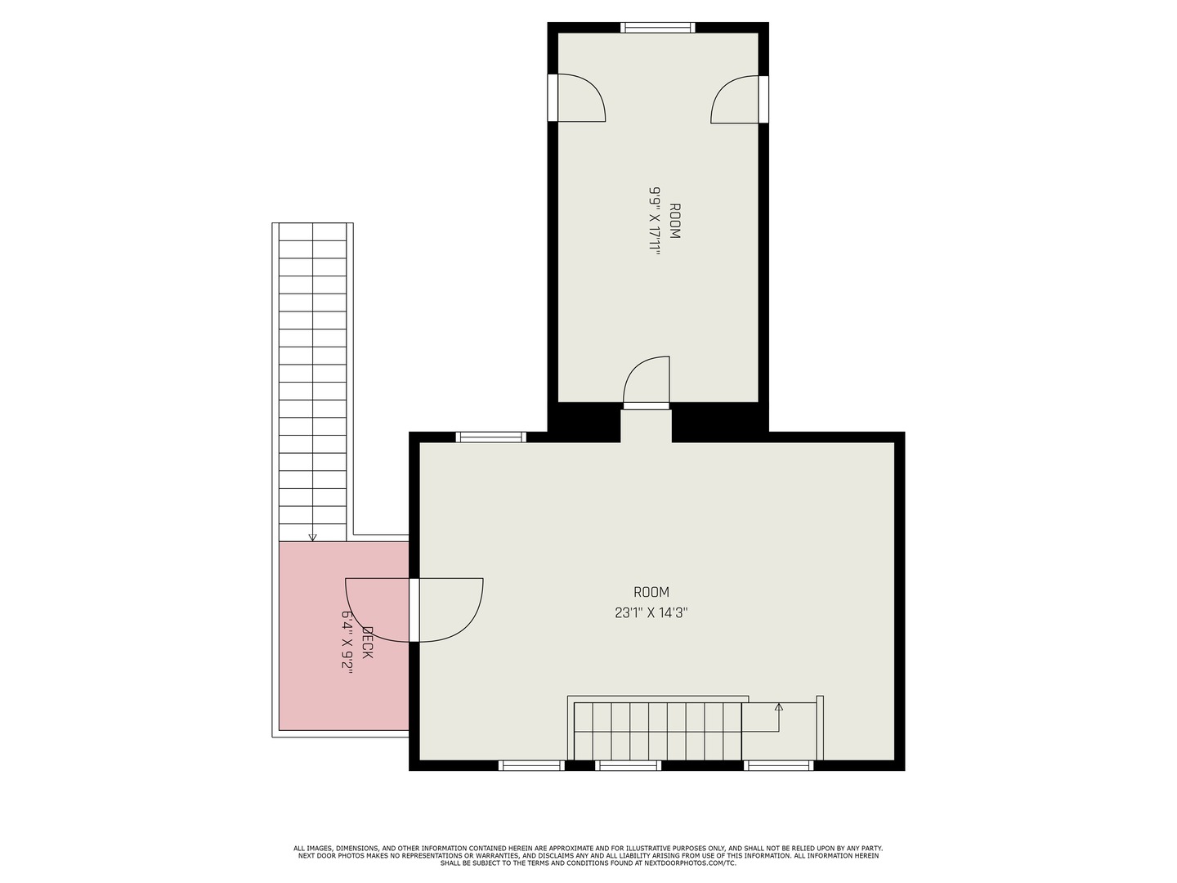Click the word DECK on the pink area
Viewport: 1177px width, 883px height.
pyautogui.click(x=367, y=643)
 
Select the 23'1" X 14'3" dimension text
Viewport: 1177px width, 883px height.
pyautogui.click(x=651, y=612)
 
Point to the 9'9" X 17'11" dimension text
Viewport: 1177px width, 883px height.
pyautogui.click(x=655, y=221)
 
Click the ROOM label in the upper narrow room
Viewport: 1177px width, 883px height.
pyautogui.click(x=674, y=221)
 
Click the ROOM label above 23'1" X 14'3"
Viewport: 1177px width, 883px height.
pyautogui.click(x=651, y=592)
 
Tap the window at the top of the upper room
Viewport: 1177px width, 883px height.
pyautogui.click(x=658, y=28)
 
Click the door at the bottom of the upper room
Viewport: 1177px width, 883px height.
pyautogui.click(x=647, y=384)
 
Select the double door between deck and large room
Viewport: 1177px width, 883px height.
pyautogui.click(x=414, y=610)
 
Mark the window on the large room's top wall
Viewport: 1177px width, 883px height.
pyautogui.click(x=490, y=437)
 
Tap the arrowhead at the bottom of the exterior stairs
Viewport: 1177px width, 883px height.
pyautogui.click(x=312, y=537)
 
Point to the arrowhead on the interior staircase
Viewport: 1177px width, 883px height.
pyautogui.click(x=779, y=706)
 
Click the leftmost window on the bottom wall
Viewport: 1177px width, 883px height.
pyautogui.click(x=531, y=766)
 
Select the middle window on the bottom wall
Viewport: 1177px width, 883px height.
pyautogui.click(x=628, y=766)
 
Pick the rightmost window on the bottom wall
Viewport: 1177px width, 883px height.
pyautogui.click(x=779, y=766)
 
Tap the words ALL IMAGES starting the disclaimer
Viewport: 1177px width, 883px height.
pyautogui.click(x=311, y=849)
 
